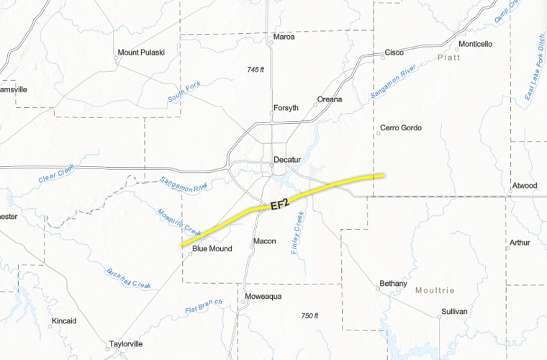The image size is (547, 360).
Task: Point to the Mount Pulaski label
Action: point(142,53)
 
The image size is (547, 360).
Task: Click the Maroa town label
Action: point(284,37)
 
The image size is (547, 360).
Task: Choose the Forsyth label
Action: point(286,108)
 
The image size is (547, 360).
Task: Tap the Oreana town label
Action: point(329,99)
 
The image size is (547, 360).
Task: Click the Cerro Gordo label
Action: point(400,128)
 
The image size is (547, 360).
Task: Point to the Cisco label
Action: point(394,53)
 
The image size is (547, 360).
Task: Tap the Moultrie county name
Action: point(435,290)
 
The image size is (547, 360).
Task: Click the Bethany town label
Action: point(393,284)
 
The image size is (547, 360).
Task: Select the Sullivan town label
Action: point(453,312)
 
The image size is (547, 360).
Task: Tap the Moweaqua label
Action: point(263,297)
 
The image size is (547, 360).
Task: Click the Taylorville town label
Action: point(126,344)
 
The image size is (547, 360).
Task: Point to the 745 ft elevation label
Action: point(256,70)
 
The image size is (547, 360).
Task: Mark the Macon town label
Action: point(265,241)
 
